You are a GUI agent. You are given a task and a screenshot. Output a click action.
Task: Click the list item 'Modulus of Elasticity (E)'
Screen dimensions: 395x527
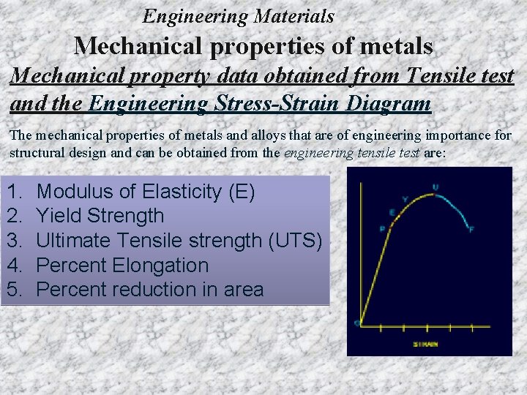[146, 192]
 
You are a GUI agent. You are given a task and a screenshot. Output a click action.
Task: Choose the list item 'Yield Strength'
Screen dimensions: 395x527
[100, 216]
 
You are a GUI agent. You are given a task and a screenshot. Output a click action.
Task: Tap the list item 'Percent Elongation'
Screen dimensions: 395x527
[122, 265]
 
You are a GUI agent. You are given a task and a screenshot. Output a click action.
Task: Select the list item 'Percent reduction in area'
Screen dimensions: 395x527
[149, 290]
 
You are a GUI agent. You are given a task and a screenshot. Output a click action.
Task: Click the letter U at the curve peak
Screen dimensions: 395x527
[436, 187]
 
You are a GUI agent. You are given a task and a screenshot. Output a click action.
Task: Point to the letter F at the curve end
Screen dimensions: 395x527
[471, 230]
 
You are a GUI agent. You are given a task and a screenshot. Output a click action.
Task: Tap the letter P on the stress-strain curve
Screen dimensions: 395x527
[382, 228]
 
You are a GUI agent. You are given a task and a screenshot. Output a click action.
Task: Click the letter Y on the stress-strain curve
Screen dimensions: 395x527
[405, 199]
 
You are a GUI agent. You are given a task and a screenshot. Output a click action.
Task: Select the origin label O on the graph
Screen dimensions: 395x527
[356, 323]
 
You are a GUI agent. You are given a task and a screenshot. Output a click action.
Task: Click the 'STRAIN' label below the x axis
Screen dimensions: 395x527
[425, 343]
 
